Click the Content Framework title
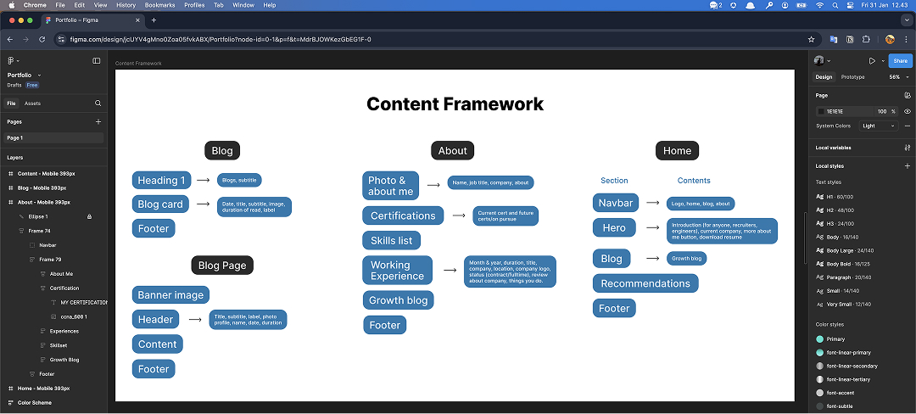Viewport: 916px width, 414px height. pos(455,104)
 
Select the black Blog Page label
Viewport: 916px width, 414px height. pos(222,266)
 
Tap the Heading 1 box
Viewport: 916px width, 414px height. pos(161,180)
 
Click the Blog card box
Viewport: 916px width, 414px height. pos(160,204)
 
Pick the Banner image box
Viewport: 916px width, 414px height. pos(170,295)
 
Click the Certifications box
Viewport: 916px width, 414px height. pos(403,215)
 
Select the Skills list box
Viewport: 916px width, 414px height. pos(391,240)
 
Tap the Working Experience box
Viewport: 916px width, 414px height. pos(397,271)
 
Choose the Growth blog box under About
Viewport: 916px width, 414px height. pos(398,299)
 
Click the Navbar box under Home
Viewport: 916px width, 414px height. pos(616,203)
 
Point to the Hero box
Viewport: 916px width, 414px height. pos(614,228)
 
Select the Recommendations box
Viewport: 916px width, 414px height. pos(645,283)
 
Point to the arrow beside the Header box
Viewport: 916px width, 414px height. pos(196,320)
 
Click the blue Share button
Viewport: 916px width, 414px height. pos(899,61)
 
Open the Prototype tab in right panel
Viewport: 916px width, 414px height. pos(852,77)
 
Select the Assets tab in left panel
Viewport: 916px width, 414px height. pos(32,103)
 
